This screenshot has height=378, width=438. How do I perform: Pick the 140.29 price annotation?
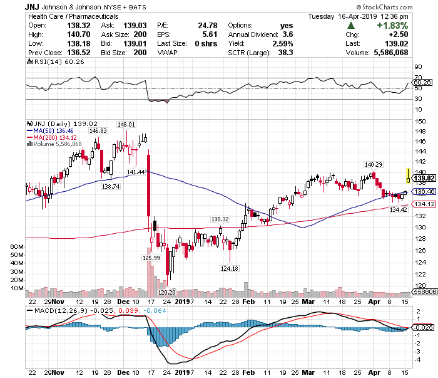pyautogui.click(x=374, y=164)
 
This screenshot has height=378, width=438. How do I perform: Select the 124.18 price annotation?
pyautogui.click(x=230, y=269)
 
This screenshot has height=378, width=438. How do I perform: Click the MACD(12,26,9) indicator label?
pyautogui.click(x=54, y=310)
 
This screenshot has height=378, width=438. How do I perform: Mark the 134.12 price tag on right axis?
pyautogui.click(x=422, y=204)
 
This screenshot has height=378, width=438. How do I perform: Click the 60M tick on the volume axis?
pyautogui.click(x=18, y=247)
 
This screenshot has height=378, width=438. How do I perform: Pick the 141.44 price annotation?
pyautogui.click(x=136, y=172)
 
